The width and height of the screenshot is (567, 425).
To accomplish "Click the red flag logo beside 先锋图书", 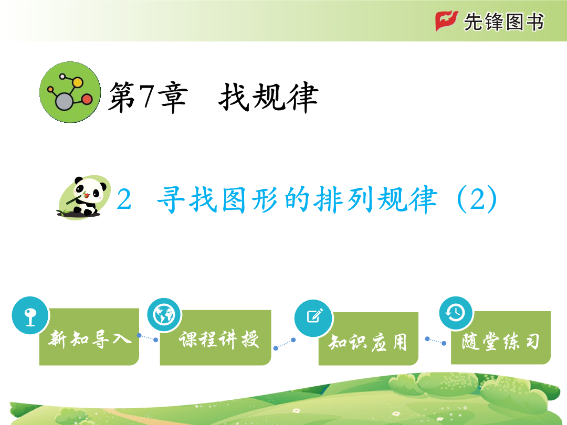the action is click(x=447, y=21).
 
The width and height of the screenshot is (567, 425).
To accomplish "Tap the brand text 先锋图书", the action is click(x=503, y=22).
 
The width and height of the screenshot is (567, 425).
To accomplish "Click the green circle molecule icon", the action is click(x=70, y=92).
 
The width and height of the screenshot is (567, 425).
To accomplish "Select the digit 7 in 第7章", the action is click(x=147, y=95).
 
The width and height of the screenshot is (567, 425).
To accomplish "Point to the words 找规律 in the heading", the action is click(x=268, y=97).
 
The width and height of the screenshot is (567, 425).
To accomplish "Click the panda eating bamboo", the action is click(x=84, y=197).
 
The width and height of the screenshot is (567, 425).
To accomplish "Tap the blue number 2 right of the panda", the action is click(x=124, y=199).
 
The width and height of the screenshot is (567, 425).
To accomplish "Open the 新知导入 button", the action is click(x=89, y=336).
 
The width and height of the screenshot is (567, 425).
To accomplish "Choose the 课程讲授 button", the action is click(x=216, y=337).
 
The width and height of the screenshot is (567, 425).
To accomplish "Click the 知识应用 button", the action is click(x=369, y=338).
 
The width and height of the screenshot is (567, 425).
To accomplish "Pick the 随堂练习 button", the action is click(x=501, y=337).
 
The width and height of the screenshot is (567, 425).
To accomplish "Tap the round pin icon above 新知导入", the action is click(x=30, y=315).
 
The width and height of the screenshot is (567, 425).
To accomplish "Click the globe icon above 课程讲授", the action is click(x=164, y=315).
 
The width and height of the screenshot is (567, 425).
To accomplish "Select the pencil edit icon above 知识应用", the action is click(x=313, y=318).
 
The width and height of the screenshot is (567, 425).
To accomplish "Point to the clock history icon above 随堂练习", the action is click(x=456, y=313).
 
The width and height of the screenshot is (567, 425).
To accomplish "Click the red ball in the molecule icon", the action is click(x=87, y=99).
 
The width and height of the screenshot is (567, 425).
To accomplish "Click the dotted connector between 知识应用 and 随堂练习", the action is click(x=435, y=341).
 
